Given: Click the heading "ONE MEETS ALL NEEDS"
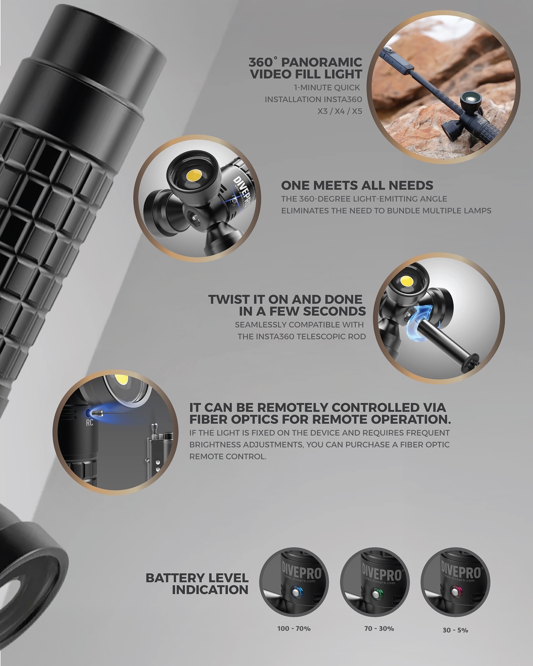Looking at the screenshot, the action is (x=357, y=185).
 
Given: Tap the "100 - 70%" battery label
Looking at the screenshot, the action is (x=294, y=628).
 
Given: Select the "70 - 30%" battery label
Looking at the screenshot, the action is (x=379, y=629).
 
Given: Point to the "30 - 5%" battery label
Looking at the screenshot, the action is (x=455, y=630).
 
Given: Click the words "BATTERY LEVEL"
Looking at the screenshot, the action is (x=197, y=577).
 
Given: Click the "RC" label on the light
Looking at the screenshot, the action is (x=90, y=423).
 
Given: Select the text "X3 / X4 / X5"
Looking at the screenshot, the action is (x=339, y=111).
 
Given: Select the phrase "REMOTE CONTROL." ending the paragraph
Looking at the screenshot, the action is (x=228, y=456).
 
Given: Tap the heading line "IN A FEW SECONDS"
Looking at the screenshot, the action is (x=302, y=311).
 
